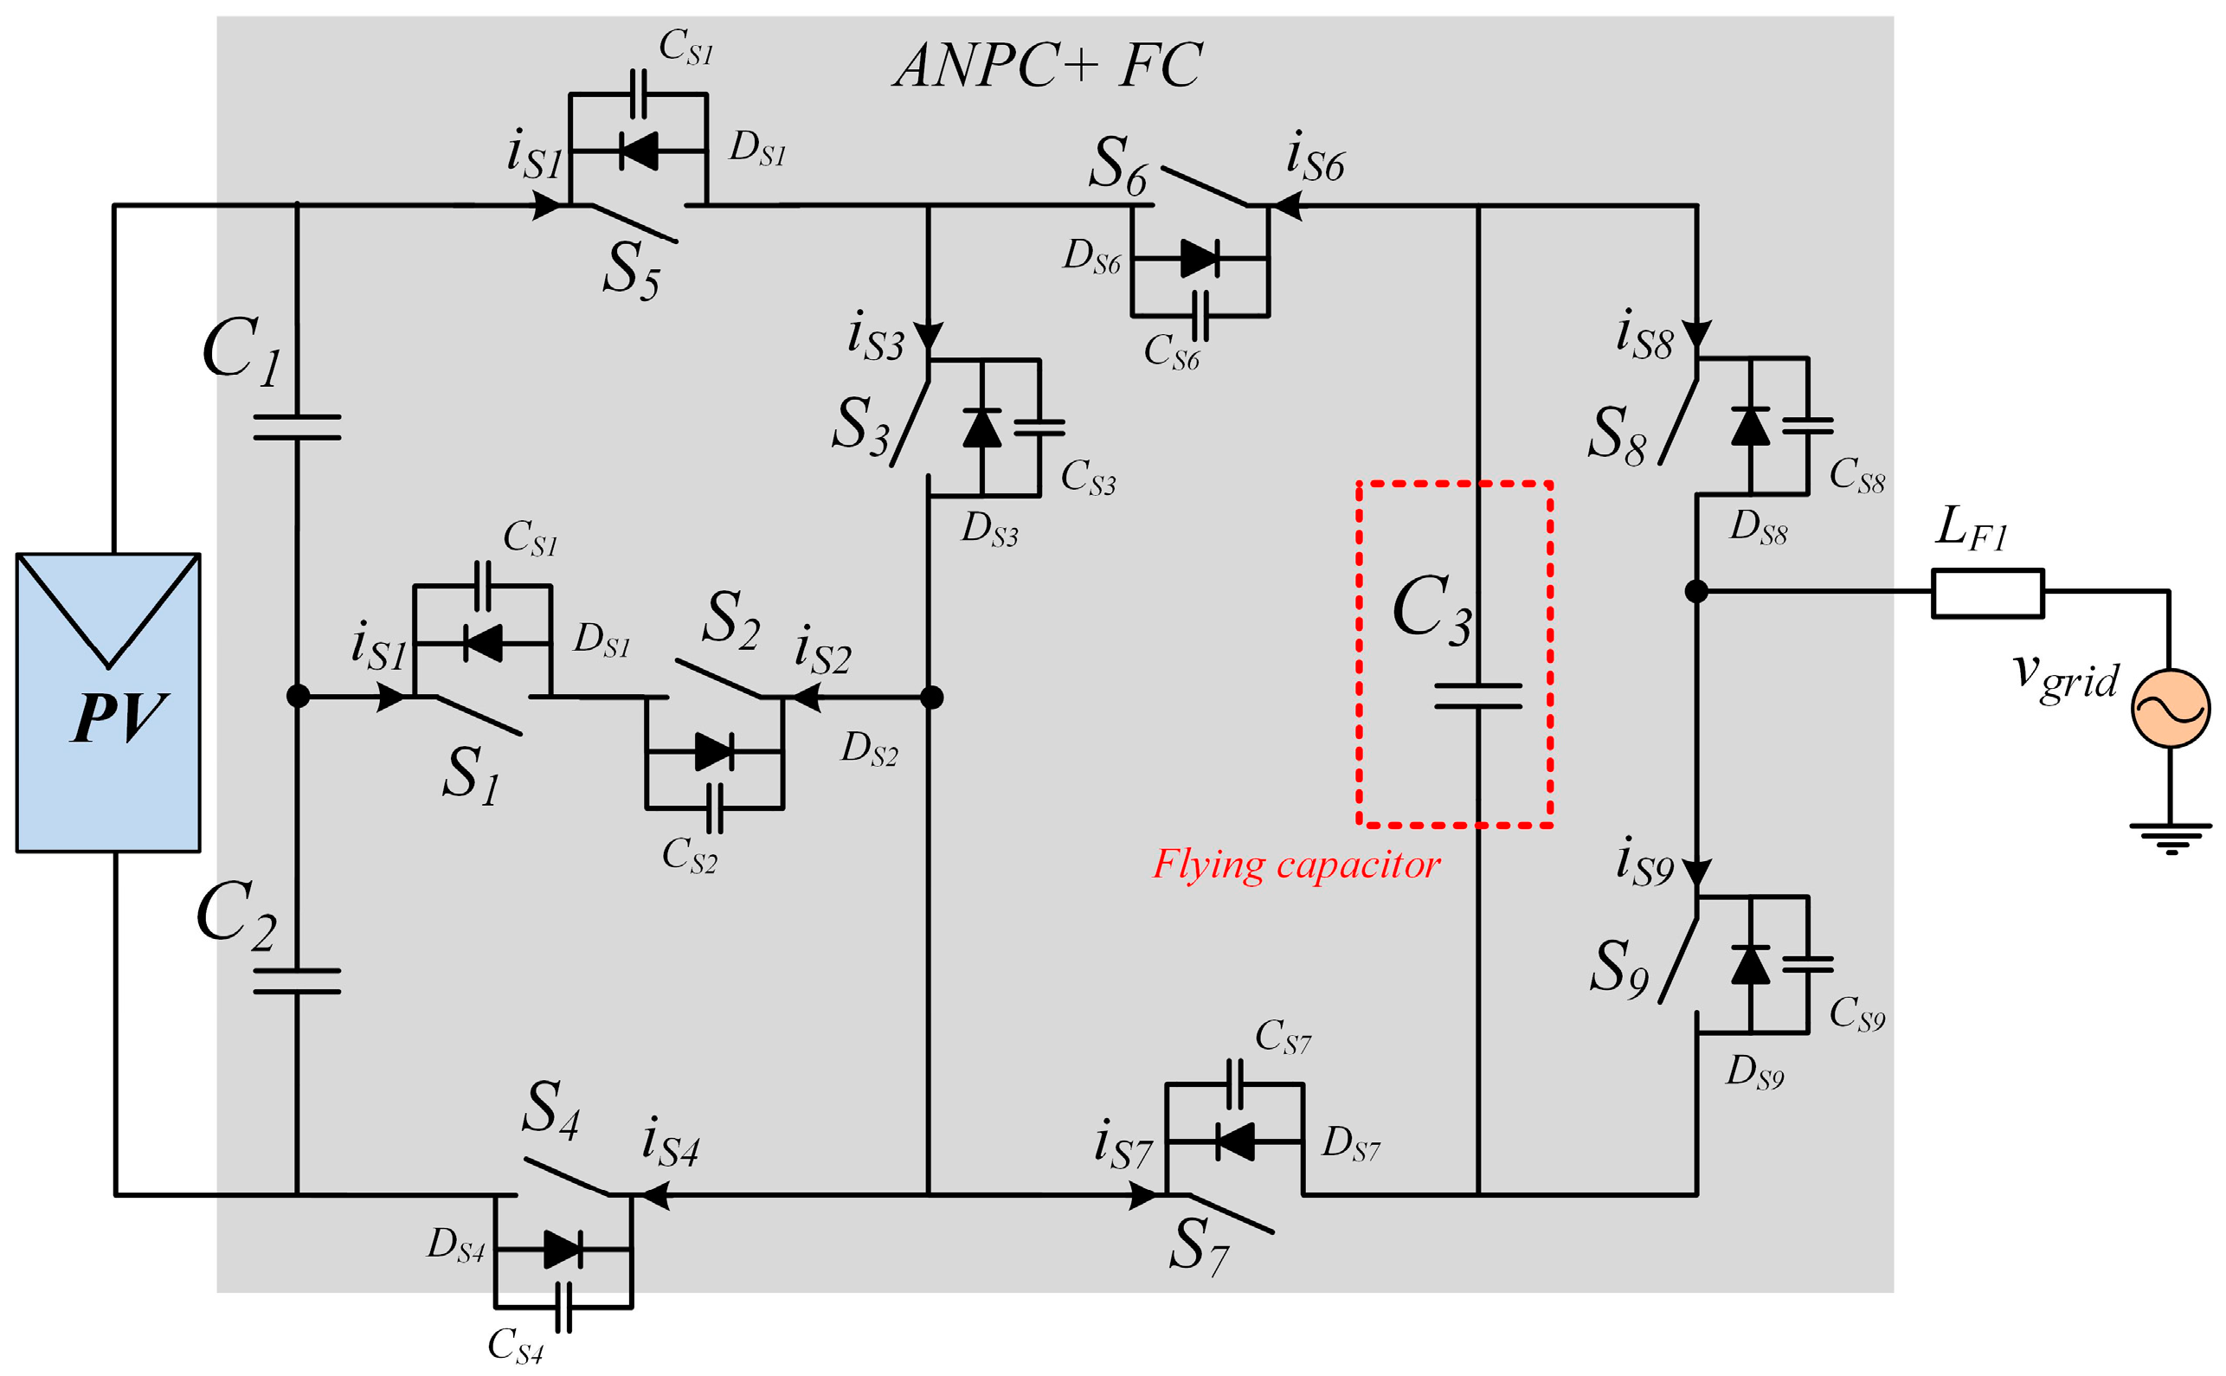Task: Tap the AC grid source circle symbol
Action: [x=2171, y=708]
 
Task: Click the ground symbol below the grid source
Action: [x=2171, y=837]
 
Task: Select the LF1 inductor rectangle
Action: [x=1988, y=594]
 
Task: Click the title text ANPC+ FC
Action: [x=1046, y=66]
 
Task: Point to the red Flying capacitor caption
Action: [x=1296, y=864]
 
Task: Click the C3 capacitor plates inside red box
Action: [x=1477, y=696]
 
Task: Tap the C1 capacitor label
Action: [x=241, y=350]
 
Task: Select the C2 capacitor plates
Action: [x=297, y=981]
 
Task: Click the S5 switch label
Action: [x=630, y=271]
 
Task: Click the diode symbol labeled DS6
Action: [x=1200, y=259]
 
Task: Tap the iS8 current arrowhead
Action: [x=1696, y=335]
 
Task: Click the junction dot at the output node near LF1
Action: [x=1696, y=592]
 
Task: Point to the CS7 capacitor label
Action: [x=1283, y=1038]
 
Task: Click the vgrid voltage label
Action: [x=2064, y=678]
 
